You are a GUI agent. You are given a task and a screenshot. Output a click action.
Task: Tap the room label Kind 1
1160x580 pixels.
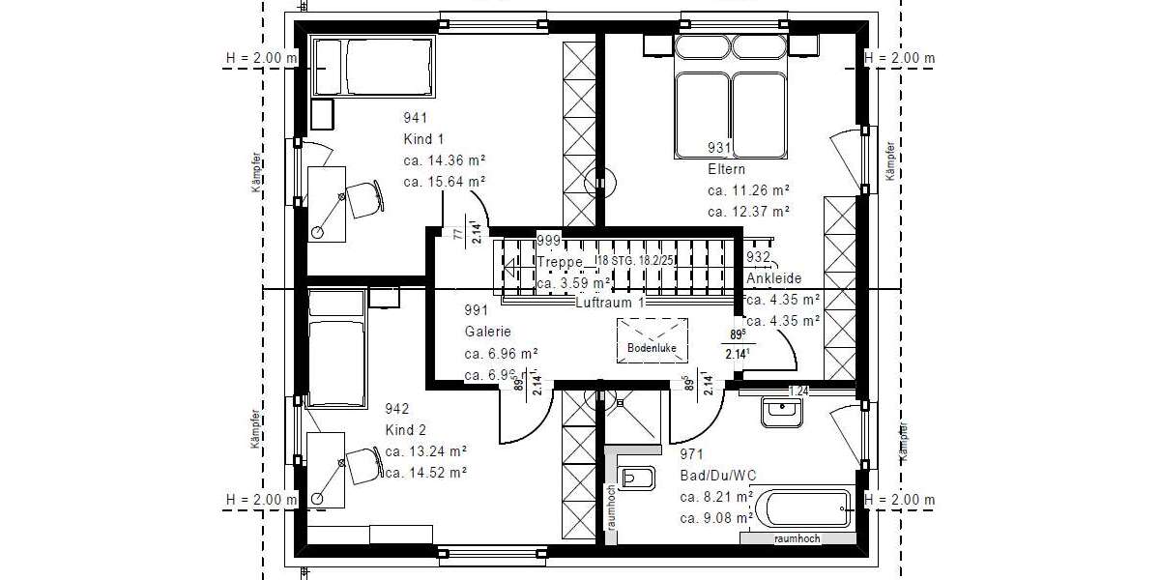[x=423, y=139]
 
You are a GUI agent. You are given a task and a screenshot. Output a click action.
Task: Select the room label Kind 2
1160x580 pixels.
[x=405, y=429]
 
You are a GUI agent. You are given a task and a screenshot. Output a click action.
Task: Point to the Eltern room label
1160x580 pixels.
[x=726, y=169]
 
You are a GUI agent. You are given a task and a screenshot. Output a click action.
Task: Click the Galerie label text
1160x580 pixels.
[x=486, y=332]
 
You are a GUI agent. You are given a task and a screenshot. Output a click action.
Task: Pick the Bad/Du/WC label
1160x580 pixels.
[x=719, y=476]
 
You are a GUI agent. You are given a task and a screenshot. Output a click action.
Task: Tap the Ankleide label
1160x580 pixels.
[x=773, y=278]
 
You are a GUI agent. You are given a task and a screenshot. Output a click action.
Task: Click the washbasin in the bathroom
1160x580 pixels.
[x=781, y=412]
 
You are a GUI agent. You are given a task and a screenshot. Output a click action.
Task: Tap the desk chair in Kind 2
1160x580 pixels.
[x=362, y=464]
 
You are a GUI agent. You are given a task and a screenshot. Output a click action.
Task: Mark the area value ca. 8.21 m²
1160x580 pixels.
[x=716, y=497]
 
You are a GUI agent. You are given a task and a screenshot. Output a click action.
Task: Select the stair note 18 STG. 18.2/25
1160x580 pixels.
[x=635, y=262]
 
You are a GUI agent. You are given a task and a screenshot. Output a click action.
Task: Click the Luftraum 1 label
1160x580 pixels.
[x=609, y=302]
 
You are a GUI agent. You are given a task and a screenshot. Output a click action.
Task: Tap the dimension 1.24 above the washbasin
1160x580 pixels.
[x=798, y=391]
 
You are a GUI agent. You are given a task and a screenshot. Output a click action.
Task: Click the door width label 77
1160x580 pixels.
[x=457, y=234]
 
